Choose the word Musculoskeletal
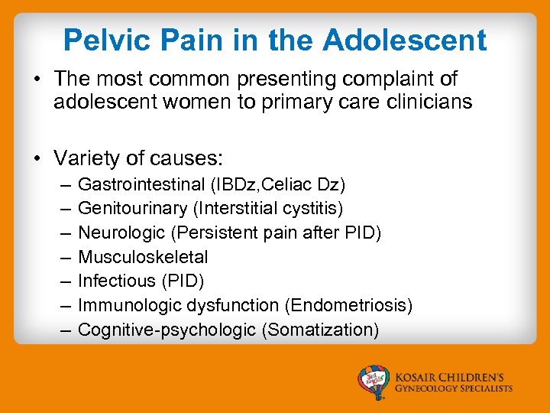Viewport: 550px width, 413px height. [143, 257]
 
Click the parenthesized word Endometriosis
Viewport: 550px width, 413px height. [348, 305]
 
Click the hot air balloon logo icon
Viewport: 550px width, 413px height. [375, 382]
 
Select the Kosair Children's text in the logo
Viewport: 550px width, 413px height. [454, 377]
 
